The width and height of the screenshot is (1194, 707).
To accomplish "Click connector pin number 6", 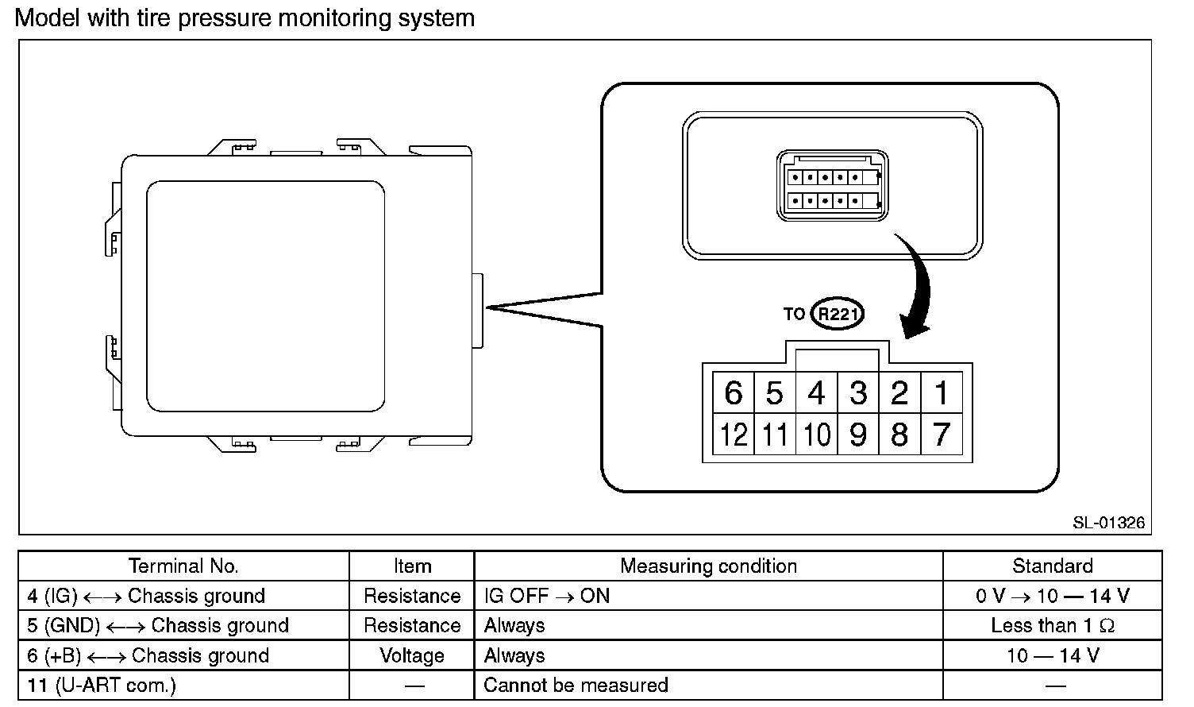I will click(x=734, y=392).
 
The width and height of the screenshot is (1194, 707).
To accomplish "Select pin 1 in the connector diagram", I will click(x=942, y=392).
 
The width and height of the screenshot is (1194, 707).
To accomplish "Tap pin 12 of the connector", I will click(x=734, y=435).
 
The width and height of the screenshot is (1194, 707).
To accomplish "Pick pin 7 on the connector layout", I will click(x=942, y=435).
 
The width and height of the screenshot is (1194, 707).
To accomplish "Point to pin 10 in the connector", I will click(x=817, y=435).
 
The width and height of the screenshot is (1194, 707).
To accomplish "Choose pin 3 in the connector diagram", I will click(x=858, y=392).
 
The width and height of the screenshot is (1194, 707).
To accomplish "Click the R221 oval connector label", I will click(x=837, y=314).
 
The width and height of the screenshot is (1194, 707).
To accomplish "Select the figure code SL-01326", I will click(x=1108, y=523).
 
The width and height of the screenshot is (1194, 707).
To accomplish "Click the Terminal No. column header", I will click(x=183, y=566).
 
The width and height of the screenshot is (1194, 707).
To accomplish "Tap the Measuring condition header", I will click(x=708, y=566).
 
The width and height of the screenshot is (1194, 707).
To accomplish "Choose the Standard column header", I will click(x=1052, y=566).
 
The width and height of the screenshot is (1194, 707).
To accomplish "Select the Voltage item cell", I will click(x=412, y=655).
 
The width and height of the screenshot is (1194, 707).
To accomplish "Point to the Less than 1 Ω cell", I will click(x=1052, y=626).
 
